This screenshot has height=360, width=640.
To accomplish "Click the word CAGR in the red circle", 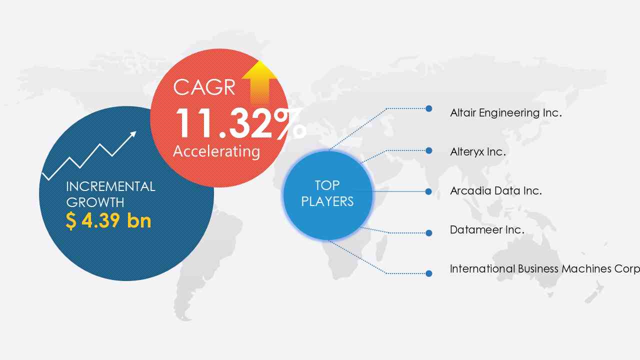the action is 204,87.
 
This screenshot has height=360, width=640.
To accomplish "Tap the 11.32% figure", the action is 241,123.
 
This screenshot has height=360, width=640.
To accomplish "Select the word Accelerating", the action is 216,151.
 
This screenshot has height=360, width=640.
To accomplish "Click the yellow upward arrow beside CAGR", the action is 259,82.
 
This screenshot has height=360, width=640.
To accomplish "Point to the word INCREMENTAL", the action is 110,186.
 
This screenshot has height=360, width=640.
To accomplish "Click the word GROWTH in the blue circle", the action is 95,202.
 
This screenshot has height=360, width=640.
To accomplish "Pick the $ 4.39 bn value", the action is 108,220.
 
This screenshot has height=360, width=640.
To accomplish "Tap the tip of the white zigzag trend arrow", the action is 136,131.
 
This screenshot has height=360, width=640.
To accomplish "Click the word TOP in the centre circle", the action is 327,185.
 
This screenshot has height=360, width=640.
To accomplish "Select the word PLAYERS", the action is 327,201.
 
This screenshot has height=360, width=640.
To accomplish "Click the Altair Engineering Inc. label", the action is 506,113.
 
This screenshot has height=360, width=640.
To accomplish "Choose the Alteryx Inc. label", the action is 478,152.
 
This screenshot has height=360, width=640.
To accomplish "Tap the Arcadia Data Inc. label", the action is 496,191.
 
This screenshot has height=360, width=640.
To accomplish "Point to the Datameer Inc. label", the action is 487,230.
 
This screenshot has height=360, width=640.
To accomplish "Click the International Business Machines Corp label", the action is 545,269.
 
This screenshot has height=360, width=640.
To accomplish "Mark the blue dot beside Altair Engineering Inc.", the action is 428,108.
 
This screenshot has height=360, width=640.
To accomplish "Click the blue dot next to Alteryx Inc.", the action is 428,150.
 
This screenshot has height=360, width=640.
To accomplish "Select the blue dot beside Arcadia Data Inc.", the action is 428,191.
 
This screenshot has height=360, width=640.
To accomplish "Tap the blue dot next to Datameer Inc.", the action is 428,233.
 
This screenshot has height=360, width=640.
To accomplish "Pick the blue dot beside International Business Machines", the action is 428,273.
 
